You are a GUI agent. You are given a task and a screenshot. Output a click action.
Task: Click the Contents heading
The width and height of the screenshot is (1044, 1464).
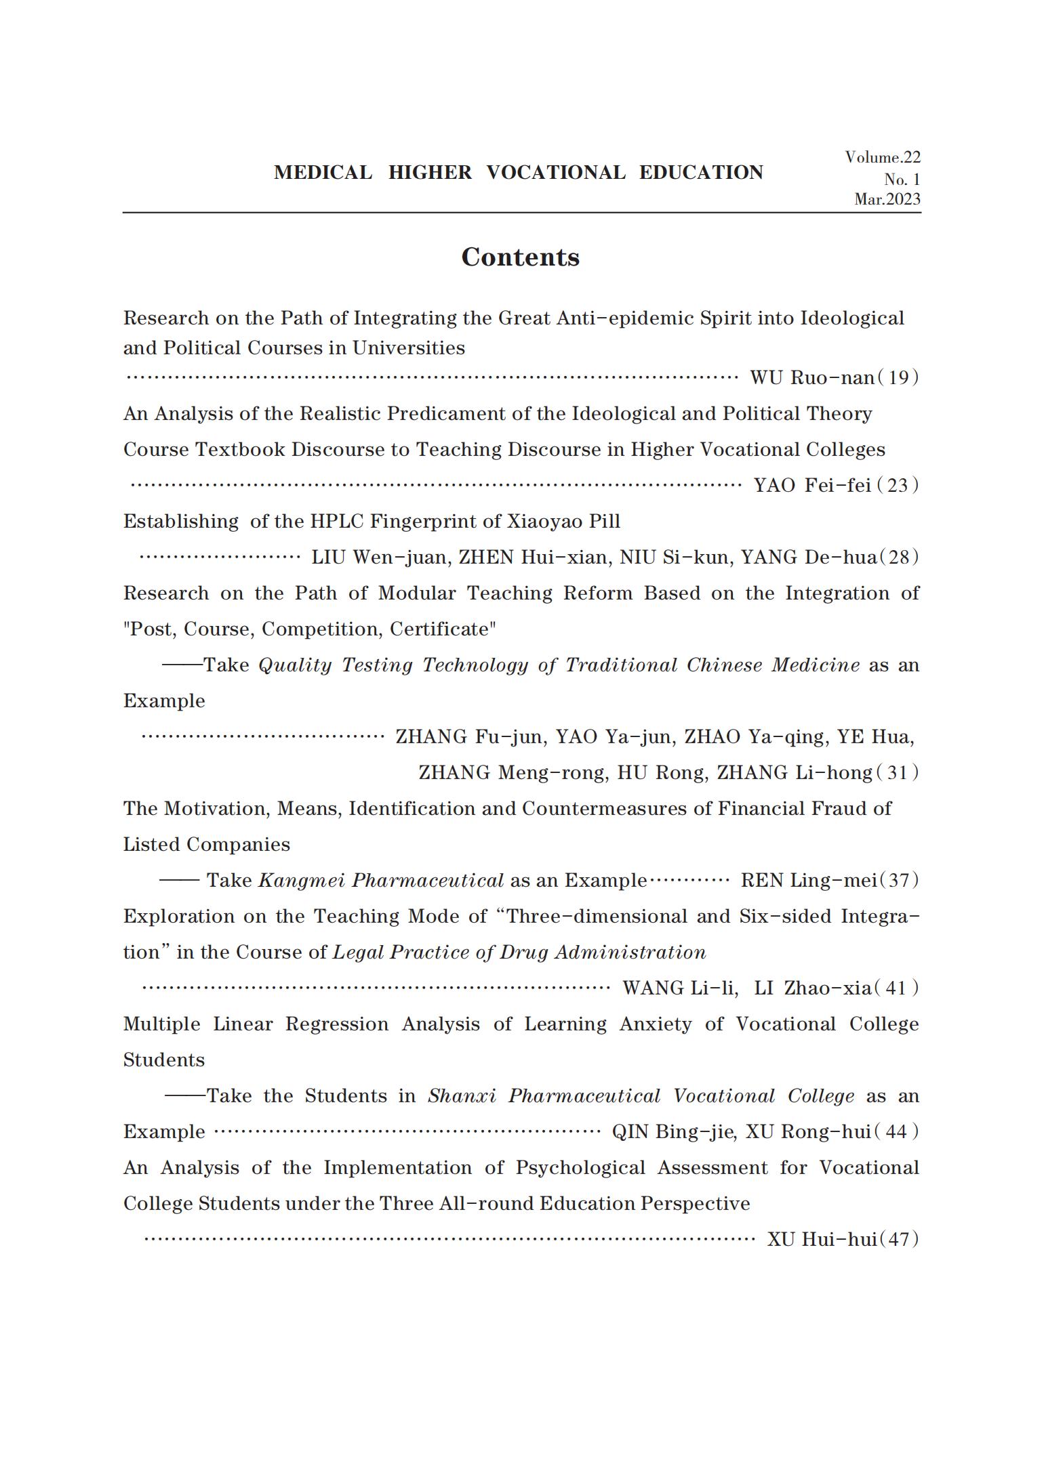click(x=520, y=257)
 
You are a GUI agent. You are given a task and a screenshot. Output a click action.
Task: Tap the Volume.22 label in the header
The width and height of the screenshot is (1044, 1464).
click(x=882, y=158)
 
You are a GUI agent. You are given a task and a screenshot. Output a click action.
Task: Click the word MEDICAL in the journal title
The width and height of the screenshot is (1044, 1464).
click(x=323, y=173)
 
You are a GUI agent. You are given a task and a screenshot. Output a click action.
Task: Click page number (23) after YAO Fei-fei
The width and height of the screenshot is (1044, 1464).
click(x=898, y=486)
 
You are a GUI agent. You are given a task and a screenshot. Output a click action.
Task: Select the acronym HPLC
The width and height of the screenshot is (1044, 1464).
click(x=337, y=522)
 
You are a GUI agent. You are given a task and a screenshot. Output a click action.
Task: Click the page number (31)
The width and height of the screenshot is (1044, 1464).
click(x=898, y=773)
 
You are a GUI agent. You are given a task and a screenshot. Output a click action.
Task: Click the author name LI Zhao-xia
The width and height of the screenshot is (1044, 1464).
click(x=812, y=988)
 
